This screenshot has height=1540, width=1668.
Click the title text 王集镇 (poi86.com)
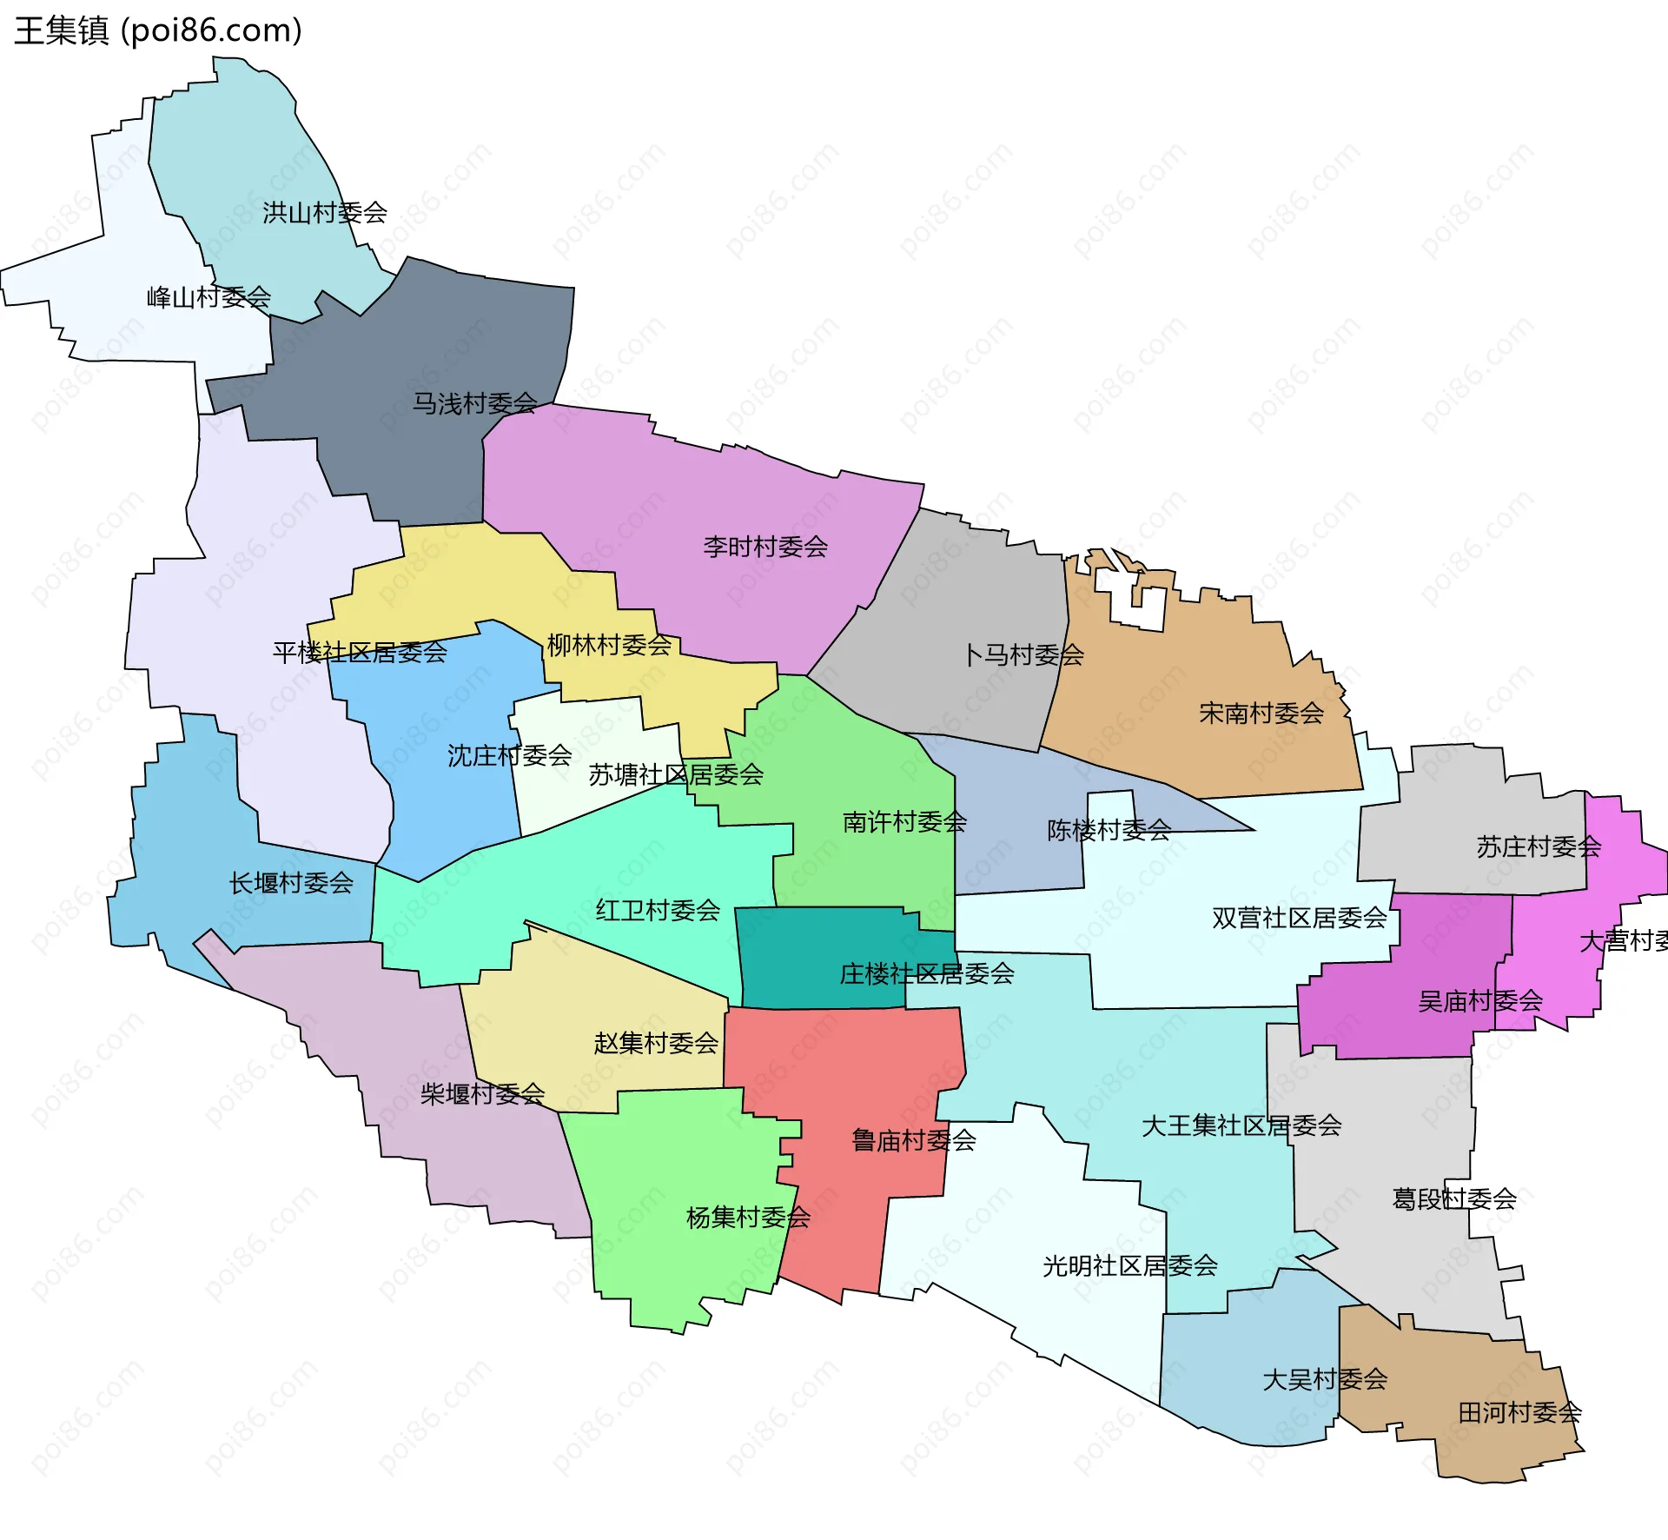[x=158, y=30]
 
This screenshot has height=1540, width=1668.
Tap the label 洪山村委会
[x=325, y=212]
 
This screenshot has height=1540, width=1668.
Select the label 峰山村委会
[x=208, y=297]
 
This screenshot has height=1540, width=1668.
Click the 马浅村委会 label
[x=474, y=403]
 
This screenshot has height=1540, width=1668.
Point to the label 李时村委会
[x=765, y=547]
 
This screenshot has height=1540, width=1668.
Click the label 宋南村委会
[x=1261, y=714]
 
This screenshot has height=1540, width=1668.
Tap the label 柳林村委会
[x=609, y=645]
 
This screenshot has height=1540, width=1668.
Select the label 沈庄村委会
[x=509, y=755]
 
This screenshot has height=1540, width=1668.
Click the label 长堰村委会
[x=291, y=883]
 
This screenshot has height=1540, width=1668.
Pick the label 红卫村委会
[x=658, y=910]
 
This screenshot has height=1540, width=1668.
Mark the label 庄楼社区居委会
[x=927, y=973]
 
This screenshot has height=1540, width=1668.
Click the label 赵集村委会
[x=656, y=1043]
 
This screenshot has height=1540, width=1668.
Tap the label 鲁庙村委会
[x=914, y=1140]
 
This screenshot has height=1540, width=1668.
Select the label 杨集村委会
[x=748, y=1218]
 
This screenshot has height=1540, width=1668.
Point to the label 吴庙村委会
[x=1480, y=1001]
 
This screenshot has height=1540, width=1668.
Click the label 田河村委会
[x=1519, y=1412]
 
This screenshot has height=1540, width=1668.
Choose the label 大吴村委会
[x=1325, y=1379]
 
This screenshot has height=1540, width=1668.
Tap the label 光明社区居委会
[x=1130, y=1265]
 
